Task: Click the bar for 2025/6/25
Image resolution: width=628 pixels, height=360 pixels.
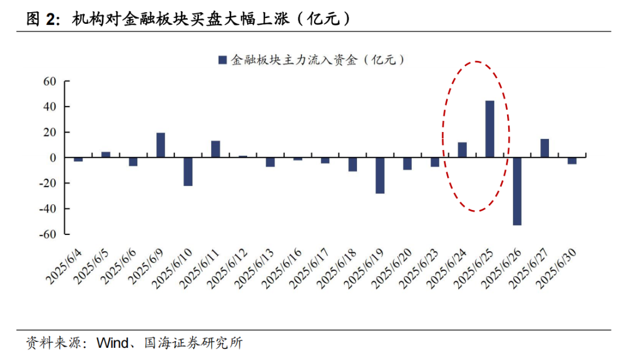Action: pyautogui.click(x=490, y=129)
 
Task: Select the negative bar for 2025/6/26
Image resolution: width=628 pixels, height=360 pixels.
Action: pyautogui.click(x=517, y=191)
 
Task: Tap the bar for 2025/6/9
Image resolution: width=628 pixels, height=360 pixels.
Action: pyautogui.click(x=160, y=145)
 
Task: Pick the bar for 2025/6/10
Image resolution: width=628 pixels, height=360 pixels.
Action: pyautogui.click(x=188, y=172)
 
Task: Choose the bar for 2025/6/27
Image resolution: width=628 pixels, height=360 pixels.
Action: pyautogui.click(x=544, y=148)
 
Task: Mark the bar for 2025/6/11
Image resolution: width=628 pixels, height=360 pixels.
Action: pyautogui.click(x=215, y=149)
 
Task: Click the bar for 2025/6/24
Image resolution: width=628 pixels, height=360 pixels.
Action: pyautogui.click(x=462, y=150)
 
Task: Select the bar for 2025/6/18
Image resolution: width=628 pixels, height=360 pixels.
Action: pyautogui.click(x=352, y=165)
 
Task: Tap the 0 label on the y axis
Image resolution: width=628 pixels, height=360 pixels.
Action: pyautogui.click(x=52, y=158)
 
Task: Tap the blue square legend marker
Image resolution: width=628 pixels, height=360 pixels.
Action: pyautogui.click(x=222, y=59)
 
